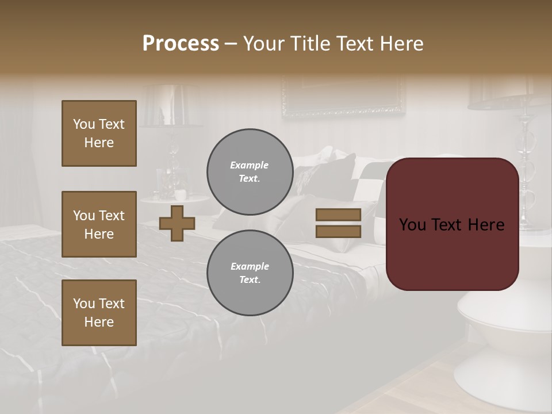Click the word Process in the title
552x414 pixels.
[181, 44]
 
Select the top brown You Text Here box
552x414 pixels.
[99, 133]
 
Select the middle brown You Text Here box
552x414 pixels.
[99, 224]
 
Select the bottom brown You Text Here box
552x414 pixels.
[99, 313]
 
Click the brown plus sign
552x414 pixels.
[177, 223]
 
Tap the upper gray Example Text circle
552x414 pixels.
[250, 172]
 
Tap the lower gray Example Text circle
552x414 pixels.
[250, 273]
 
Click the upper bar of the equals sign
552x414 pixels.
[338, 214]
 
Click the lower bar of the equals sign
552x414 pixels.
[338, 231]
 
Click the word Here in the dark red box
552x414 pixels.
[485, 225]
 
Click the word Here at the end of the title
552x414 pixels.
[401, 44]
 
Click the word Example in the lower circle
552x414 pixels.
[250, 266]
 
